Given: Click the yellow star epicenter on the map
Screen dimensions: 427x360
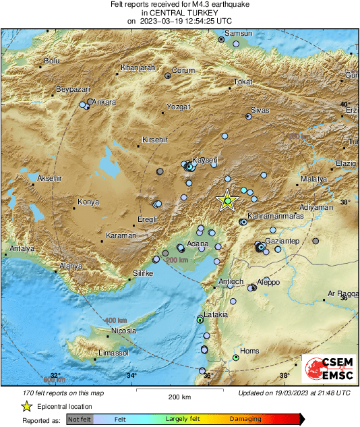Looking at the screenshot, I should (x=228, y=201).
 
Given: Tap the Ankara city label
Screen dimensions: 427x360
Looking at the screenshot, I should (x=104, y=103).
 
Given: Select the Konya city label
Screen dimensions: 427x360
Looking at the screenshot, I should (x=88, y=202).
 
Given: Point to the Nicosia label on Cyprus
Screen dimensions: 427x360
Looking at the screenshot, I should (x=123, y=331).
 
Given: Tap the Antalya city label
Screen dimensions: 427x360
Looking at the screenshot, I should (x=22, y=248).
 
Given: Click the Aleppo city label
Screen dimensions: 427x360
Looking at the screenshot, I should (x=268, y=281).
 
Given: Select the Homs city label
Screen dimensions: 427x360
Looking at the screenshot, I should (x=250, y=351).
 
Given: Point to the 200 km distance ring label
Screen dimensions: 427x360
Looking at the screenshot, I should (x=177, y=260).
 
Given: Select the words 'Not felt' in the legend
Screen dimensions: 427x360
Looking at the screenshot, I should (x=80, y=419).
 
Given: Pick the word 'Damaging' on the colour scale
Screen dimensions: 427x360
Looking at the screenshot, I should (x=245, y=419).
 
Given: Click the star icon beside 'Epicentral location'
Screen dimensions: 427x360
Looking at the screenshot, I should (x=26, y=406).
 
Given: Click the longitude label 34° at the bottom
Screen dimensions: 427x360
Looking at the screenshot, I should (x=131, y=376).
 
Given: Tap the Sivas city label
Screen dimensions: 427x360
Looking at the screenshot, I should (x=260, y=109).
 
